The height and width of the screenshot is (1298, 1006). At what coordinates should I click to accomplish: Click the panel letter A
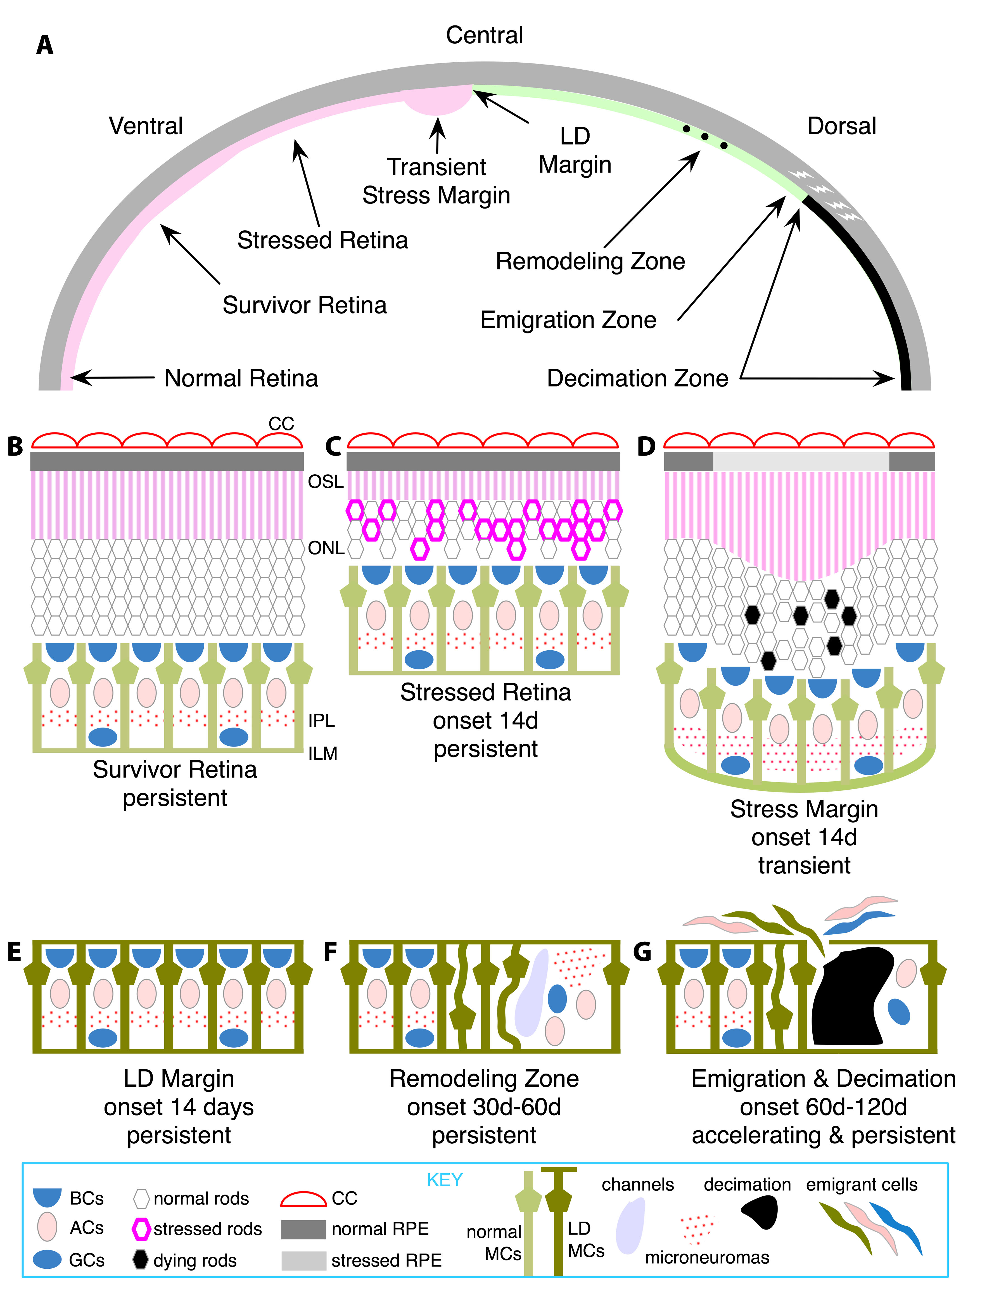(44, 46)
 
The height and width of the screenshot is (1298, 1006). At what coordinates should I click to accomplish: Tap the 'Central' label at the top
(484, 36)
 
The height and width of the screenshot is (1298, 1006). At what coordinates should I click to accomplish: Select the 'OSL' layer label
(326, 481)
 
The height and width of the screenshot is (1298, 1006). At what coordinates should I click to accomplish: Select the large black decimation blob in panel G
(851, 998)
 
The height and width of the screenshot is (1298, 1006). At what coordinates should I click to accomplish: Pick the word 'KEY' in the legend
(445, 1180)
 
